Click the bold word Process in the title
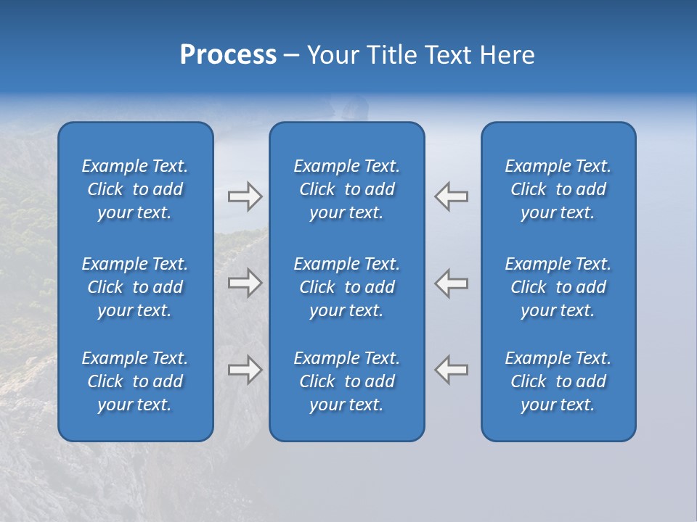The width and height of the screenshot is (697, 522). pos(228,55)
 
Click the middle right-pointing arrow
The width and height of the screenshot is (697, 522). pos(245,283)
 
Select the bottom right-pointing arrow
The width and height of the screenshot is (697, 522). pos(245,370)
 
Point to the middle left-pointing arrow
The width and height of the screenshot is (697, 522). pos(452,283)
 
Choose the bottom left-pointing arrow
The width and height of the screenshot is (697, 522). pos(452,370)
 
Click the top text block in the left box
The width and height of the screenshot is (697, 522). pos(135,189)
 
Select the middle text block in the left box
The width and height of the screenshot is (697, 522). pos(135,287)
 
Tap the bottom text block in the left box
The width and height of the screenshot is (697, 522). pos(135,381)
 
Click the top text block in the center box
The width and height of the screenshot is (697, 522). pos(346,189)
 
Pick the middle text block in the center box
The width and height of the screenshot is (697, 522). pos(346,287)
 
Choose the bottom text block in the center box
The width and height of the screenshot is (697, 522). pos(346,381)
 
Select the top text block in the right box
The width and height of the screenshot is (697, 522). pos(558,189)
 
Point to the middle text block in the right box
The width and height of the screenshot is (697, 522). pos(558,287)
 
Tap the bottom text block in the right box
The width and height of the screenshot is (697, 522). pos(558,381)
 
